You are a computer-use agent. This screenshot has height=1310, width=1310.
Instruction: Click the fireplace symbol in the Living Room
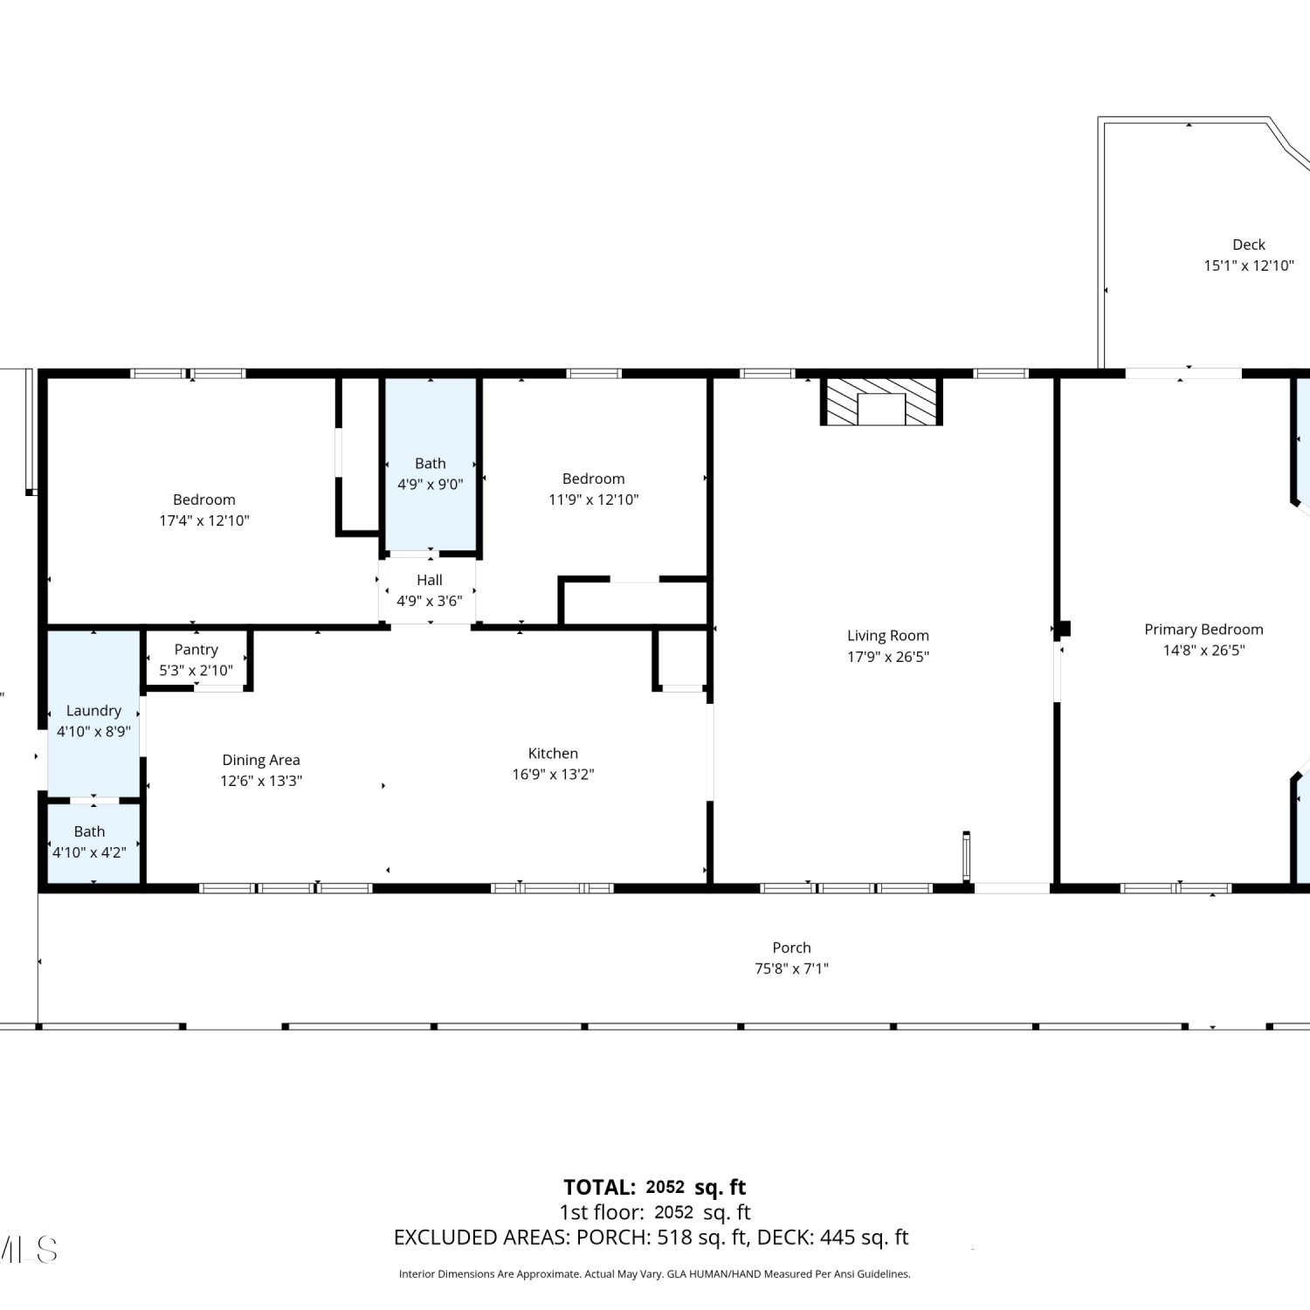point(881,402)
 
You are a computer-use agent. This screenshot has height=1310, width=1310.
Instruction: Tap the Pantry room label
point(196,650)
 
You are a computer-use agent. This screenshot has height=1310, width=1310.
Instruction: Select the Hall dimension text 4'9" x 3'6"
point(430,601)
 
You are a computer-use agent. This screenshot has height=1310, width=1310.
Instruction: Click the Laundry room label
point(93,711)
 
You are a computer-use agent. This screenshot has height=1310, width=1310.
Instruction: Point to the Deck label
point(1249,245)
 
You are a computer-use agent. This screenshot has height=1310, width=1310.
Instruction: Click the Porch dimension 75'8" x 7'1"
point(791,969)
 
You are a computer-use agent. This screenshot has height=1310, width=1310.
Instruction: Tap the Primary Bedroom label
point(1203,630)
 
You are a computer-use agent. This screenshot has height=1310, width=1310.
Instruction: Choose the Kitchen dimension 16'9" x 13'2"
point(553,775)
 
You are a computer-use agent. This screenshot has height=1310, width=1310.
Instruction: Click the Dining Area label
point(261,761)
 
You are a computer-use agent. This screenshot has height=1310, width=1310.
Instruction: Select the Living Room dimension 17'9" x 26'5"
point(888,657)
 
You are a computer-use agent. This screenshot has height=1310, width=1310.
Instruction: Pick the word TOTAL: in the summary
point(599,1188)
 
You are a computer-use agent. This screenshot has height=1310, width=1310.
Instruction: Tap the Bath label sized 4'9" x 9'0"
point(430,464)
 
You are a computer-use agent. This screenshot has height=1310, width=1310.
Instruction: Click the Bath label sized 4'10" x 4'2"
point(89,832)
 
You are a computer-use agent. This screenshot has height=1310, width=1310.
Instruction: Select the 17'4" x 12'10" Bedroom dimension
point(204,521)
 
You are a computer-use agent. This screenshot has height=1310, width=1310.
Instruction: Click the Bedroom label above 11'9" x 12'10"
point(594,479)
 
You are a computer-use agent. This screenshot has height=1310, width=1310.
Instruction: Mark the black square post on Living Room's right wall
point(1063,629)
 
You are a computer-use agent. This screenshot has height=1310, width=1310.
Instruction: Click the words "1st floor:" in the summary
point(602,1212)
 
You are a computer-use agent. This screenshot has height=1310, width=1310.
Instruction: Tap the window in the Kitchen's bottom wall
point(552,888)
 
